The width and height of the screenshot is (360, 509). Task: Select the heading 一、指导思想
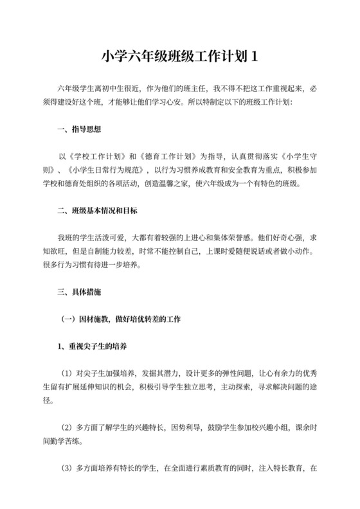[x=79, y=129]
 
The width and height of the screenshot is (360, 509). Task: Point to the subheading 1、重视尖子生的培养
[x=93, y=346]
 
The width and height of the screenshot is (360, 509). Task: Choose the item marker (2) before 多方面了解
[x=67, y=427]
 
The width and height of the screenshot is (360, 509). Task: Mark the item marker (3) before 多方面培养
[x=67, y=468]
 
